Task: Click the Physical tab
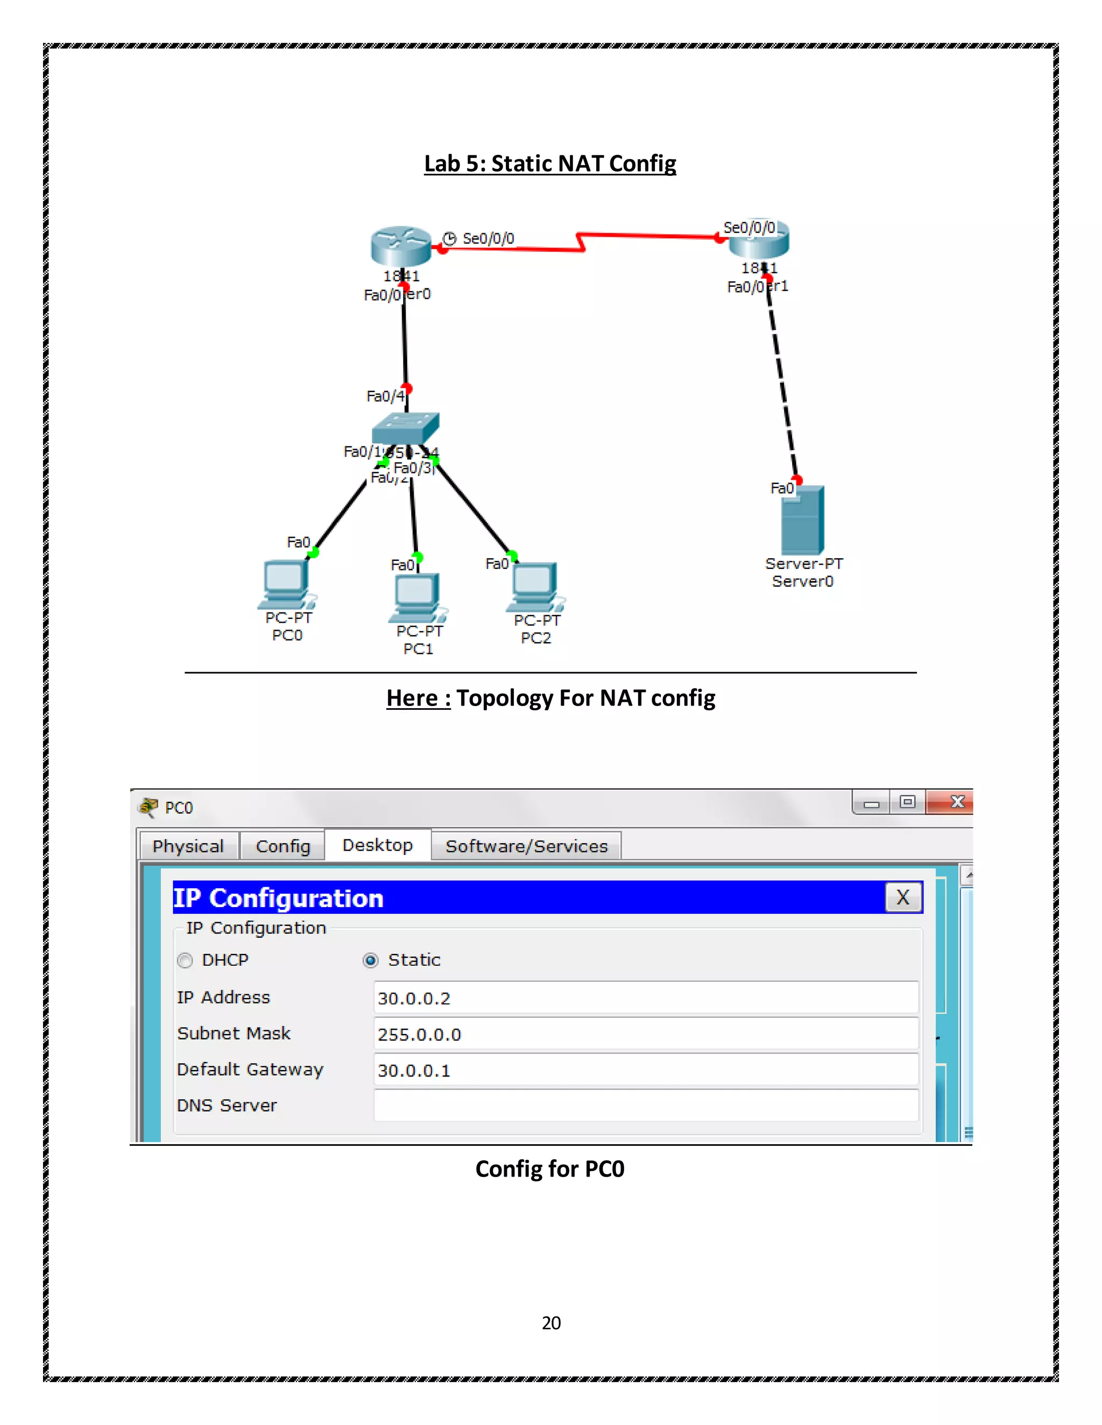coord(188,846)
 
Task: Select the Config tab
coord(282,846)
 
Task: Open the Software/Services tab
coord(526,846)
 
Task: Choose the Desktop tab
coord(377,845)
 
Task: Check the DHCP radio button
coord(186,960)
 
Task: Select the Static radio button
coord(370,960)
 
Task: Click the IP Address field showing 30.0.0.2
coord(645,998)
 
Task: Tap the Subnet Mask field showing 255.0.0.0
coord(645,1034)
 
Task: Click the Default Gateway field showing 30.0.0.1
coord(645,1070)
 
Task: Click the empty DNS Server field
coord(645,1106)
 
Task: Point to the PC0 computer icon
coord(286,583)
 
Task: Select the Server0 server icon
coord(802,521)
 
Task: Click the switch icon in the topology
coord(405,428)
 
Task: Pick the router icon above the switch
coord(401,246)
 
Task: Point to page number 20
coord(551,1323)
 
